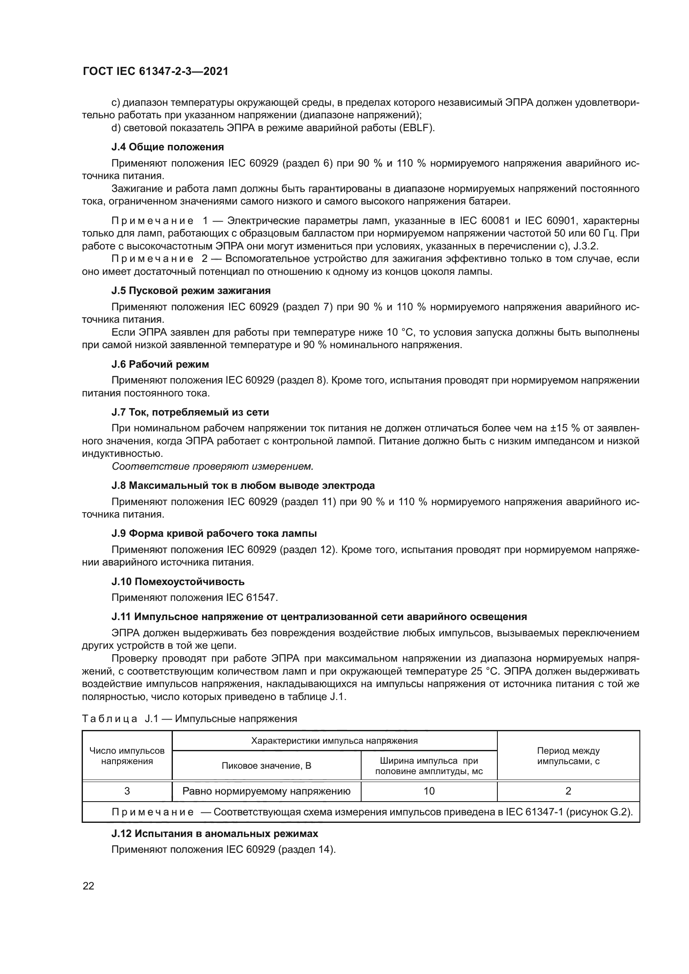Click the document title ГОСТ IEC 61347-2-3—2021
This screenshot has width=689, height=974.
click(x=155, y=71)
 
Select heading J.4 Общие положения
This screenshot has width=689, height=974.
click(x=167, y=147)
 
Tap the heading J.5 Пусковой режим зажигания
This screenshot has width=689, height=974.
click(x=191, y=291)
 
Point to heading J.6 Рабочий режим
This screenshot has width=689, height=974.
click(x=160, y=364)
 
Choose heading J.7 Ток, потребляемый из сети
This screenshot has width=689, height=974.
click(x=190, y=412)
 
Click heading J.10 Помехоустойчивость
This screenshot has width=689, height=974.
click(x=178, y=581)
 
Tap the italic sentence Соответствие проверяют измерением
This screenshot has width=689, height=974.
click(x=212, y=467)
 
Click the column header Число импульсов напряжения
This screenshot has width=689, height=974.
click(x=127, y=756)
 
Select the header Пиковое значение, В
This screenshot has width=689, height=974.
click(x=267, y=766)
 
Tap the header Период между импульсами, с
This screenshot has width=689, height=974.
click(x=568, y=756)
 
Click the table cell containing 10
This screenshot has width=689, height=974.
click(x=429, y=791)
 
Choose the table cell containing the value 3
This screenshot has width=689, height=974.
click(x=127, y=791)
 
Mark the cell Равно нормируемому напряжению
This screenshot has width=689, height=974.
click(x=267, y=791)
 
